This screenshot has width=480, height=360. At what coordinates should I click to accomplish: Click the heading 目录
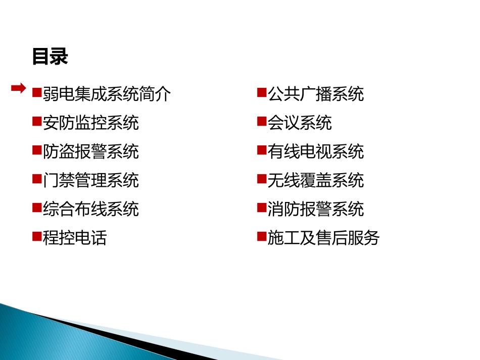[x=50, y=57]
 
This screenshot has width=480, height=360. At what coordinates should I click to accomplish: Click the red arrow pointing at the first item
[x=19, y=88]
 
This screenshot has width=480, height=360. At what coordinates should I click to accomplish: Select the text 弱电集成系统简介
[x=107, y=94]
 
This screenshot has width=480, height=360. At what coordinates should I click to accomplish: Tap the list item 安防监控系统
[x=90, y=123]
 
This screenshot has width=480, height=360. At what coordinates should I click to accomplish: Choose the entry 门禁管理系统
[x=90, y=180]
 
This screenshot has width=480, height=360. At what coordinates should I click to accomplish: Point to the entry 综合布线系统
[x=90, y=209]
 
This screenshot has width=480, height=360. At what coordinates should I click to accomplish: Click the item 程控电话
[x=75, y=238]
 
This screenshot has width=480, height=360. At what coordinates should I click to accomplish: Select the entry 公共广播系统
[x=315, y=94]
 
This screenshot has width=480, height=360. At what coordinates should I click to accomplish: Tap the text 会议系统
[x=300, y=123]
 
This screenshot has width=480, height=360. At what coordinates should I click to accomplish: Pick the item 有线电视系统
[x=315, y=151]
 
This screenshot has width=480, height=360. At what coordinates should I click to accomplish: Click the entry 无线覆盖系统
[x=315, y=180]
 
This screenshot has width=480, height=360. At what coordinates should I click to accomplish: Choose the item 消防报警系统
[x=315, y=209]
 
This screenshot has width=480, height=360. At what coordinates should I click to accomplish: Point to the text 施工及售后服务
[x=323, y=238]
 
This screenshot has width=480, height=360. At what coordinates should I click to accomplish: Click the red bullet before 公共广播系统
[x=261, y=92]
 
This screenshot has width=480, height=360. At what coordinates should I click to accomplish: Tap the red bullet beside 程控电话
[x=36, y=236]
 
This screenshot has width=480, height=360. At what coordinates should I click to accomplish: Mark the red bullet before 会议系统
[x=261, y=121]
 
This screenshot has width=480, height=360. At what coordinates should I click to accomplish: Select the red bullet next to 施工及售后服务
[x=261, y=236]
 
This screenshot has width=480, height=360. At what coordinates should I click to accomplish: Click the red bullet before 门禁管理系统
[x=36, y=179]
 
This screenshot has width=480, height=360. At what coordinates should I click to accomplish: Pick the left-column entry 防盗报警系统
[x=90, y=151]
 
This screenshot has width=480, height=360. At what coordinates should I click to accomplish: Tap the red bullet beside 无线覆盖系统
[x=261, y=179]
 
